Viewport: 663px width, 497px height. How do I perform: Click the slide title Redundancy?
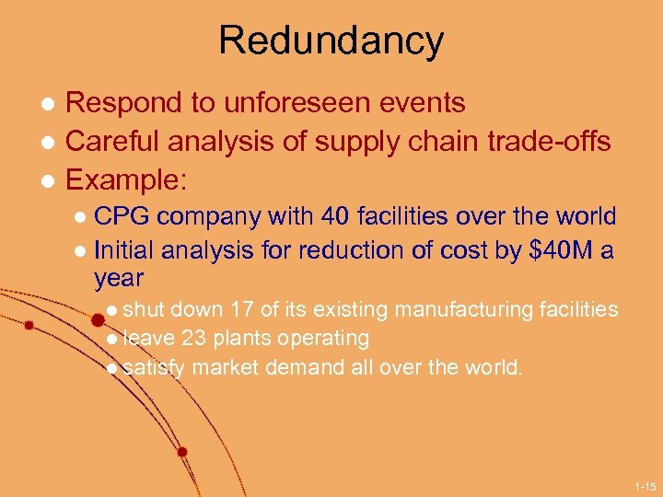click(331, 40)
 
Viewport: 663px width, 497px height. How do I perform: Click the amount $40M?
click(560, 249)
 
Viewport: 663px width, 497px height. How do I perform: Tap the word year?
click(119, 278)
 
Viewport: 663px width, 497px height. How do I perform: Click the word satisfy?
click(154, 368)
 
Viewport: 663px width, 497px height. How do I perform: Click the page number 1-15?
click(645, 486)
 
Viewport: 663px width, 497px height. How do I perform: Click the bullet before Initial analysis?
click(81, 250)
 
